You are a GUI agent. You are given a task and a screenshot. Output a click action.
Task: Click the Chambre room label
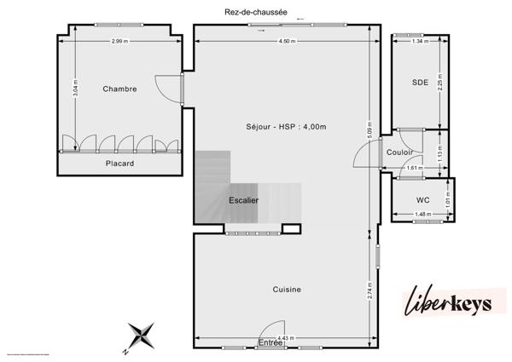click(x=119, y=89)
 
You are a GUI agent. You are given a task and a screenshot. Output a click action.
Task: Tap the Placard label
click(x=119, y=163)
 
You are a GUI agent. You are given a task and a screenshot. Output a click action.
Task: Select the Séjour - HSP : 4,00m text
click(x=286, y=126)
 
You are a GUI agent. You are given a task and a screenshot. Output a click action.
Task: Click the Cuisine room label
click(x=287, y=290)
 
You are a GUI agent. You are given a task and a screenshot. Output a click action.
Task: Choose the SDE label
click(x=419, y=83)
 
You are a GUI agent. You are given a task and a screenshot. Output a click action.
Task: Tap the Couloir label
click(x=399, y=152)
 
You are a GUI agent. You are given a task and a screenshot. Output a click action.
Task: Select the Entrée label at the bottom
click(x=270, y=342)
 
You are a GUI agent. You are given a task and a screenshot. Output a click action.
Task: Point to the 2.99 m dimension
click(x=119, y=41)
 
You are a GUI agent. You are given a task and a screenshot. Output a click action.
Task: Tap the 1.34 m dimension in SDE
click(x=418, y=41)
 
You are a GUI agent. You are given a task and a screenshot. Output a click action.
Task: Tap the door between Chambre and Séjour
click(x=171, y=89)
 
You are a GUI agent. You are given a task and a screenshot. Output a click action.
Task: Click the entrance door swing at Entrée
click(x=273, y=328)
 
